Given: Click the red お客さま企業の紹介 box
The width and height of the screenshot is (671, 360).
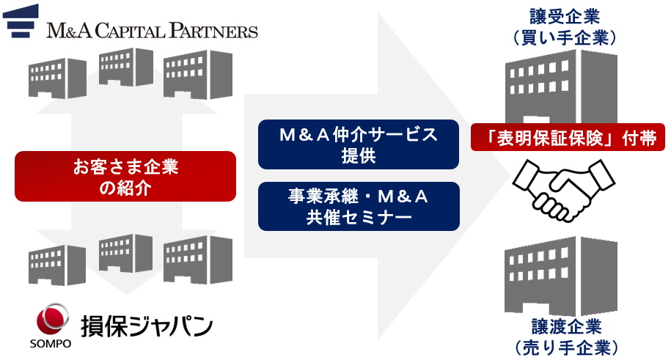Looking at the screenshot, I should pyautogui.click(x=125, y=176).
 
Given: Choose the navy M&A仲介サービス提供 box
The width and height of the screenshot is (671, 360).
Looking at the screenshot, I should pyautogui.click(x=359, y=144).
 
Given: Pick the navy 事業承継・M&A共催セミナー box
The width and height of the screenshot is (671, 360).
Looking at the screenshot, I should pyautogui.click(x=359, y=206).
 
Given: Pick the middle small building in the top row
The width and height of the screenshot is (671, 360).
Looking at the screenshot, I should pyautogui.click(x=125, y=67).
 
